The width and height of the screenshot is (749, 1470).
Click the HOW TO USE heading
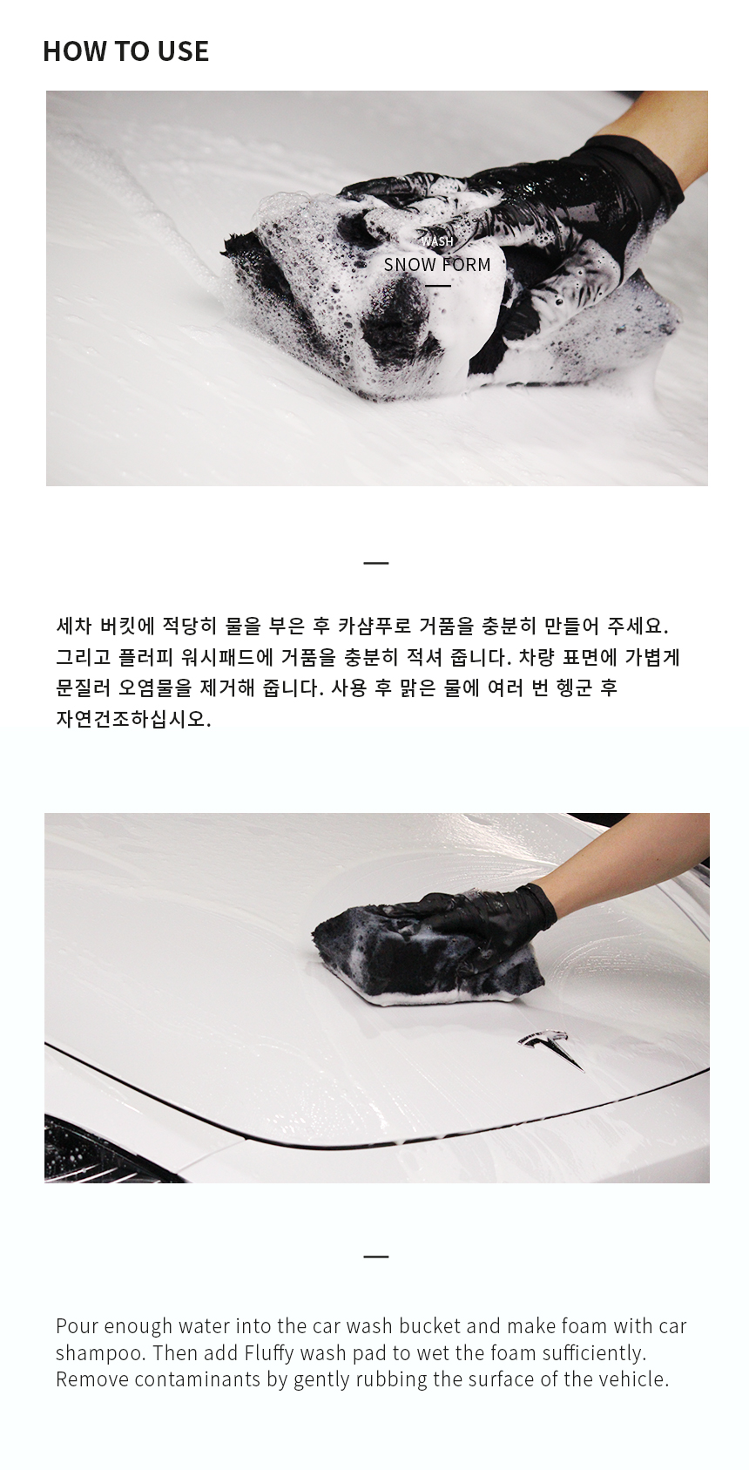pyautogui.click(x=126, y=51)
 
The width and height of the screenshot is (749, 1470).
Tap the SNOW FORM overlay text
pyautogui.click(x=437, y=265)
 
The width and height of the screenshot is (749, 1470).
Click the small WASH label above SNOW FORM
pyautogui.click(x=437, y=241)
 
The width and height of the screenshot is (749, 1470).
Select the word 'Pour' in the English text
pyautogui.click(x=77, y=1326)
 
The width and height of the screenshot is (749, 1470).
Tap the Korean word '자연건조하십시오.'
pyautogui.click(x=134, y=720)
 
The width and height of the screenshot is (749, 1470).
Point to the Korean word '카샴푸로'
pyautogui.click(x=374, y=626)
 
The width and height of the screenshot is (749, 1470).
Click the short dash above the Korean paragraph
pyautogui.click(x=376, y=563)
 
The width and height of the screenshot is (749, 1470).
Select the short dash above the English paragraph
pyautogui.click(x=376, y=1257)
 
